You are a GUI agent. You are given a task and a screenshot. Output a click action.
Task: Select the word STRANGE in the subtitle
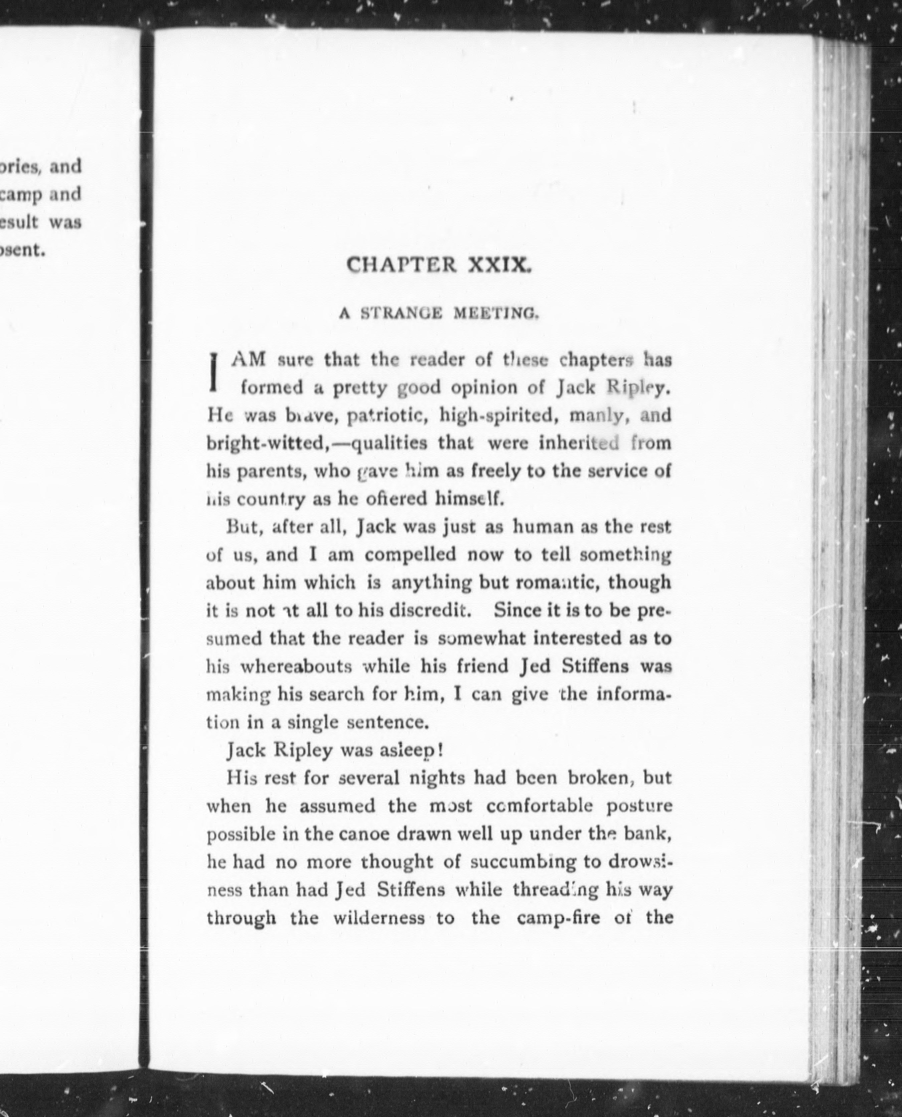pos(402,313)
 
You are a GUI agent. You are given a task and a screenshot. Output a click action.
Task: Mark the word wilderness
pos(379,918)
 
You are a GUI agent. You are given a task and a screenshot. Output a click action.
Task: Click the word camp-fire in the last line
pos(559,918)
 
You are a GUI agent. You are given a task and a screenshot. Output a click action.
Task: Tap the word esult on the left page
pos(19,222)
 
